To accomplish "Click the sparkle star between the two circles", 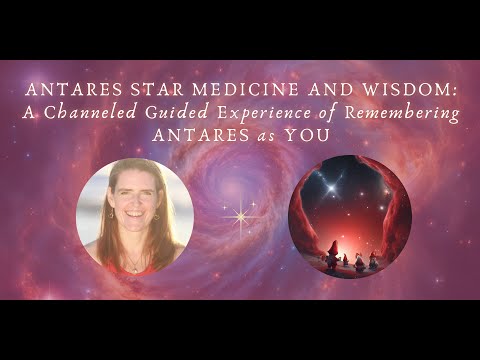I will point(240,215).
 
